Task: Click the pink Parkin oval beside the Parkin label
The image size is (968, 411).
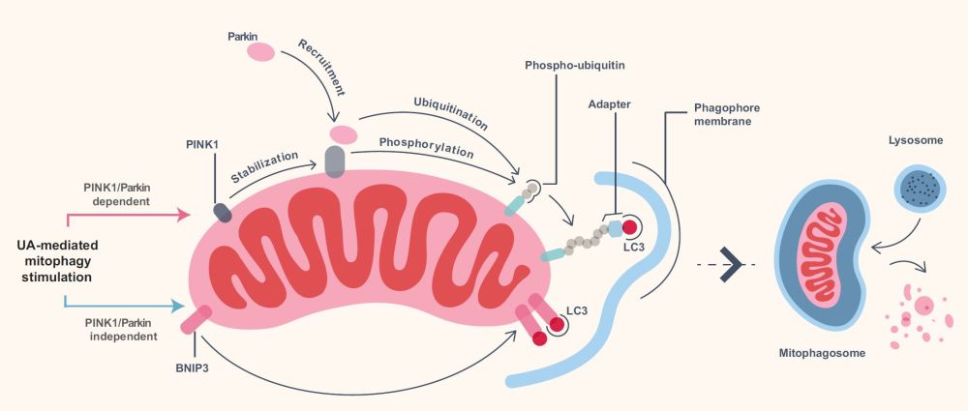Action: click(x=260, y=52)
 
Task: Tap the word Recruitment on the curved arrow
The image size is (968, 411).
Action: click(x=321, y=68)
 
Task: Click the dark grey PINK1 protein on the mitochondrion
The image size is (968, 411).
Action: click(x=223, y=213)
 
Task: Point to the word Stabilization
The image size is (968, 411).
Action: click(x=265, y=166)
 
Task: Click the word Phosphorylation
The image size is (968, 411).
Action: click(x=427, y=147)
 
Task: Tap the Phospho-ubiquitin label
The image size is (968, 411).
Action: click(x=570, y=65)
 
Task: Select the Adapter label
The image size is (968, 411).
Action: click(x=609, y=104)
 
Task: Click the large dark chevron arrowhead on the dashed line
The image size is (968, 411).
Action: click(x=731, y=264)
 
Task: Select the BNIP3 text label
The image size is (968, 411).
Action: click(x=193, y=372)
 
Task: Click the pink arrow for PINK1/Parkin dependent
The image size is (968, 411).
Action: click(x=128, y=216)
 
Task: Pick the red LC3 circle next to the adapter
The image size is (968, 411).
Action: click(x=629, y=227)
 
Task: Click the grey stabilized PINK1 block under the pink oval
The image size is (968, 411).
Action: click(x=335, y=161)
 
